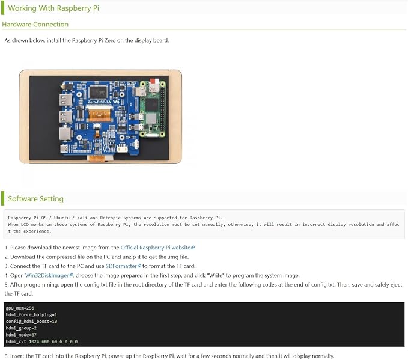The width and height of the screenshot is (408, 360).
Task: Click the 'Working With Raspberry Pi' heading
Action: point(53,8)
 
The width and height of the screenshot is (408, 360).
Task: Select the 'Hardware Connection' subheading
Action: point(35,24)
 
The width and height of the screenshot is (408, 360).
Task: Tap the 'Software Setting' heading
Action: point(35,198)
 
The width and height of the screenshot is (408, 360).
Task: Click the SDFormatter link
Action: point(123,266)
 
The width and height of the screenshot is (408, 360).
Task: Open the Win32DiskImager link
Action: point(49,275)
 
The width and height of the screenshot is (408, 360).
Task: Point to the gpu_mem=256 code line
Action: point(20,308)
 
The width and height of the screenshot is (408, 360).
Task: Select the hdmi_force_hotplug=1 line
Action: point(31,315)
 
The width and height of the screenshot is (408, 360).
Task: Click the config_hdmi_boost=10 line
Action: point(31,321)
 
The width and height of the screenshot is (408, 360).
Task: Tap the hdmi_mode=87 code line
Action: point(21,335)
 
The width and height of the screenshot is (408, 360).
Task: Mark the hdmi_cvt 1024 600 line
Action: point(41,341)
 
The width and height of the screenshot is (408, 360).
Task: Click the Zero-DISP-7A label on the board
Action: point(99,102)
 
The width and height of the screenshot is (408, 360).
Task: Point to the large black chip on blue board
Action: point(98,92)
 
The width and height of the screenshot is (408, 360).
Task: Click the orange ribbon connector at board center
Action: point(99,115)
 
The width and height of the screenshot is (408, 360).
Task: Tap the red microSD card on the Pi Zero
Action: point(154,82)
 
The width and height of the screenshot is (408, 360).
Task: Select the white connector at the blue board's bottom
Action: point(122,148)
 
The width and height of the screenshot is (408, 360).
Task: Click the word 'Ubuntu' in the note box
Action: point(62,218)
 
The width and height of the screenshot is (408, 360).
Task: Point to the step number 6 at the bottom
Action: point(6,356)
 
